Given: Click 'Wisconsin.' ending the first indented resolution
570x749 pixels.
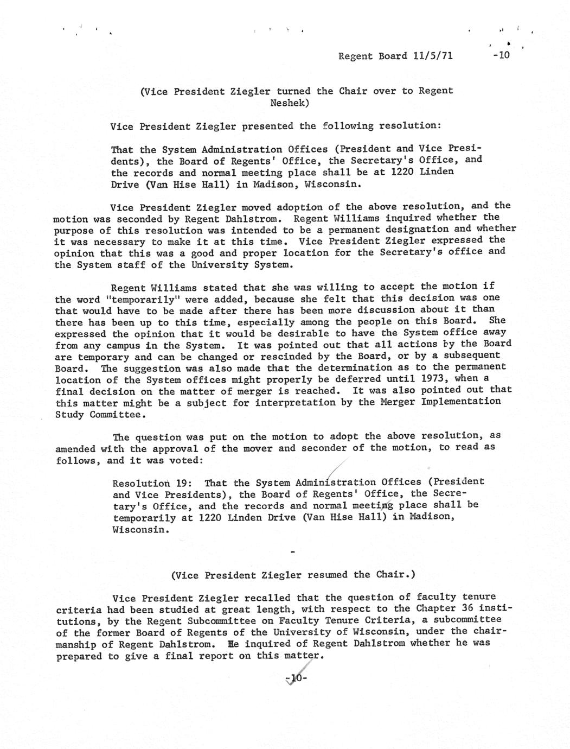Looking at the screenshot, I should [331, 184].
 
